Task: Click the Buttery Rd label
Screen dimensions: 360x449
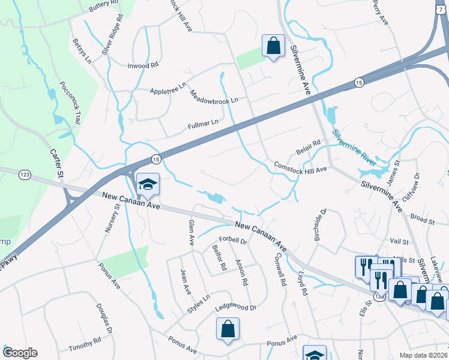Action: coord(103,4)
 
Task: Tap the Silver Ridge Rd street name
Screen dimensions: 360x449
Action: coord(112,35)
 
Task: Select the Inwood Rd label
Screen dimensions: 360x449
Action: coord(142,65)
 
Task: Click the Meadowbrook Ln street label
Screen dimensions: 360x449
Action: coord(214,96)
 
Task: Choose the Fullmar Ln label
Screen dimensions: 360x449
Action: coord(202,124)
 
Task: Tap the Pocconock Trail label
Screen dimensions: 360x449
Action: coord(70,103)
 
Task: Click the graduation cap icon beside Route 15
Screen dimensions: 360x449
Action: coord(146,184)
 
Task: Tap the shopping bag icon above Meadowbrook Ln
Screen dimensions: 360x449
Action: coord(273,45)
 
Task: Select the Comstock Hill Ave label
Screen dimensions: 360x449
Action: coord(300,167)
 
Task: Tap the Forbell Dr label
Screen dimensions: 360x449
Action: coord(234,241)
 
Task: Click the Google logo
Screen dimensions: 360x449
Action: coord(20,353)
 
